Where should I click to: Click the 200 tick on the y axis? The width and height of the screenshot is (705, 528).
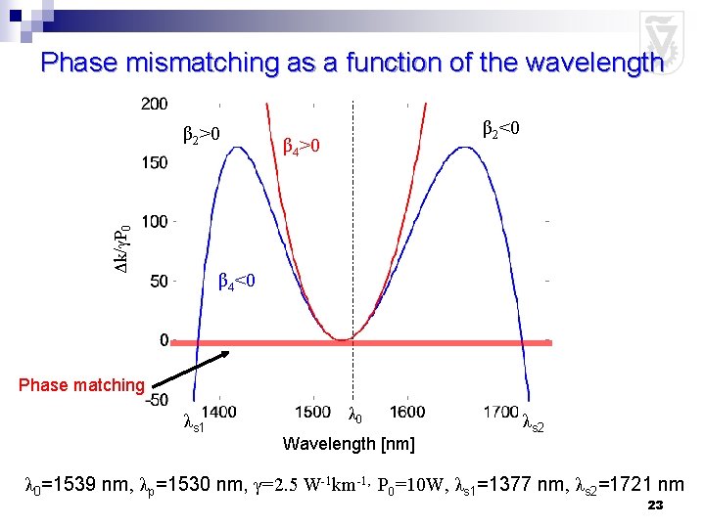[154, 104]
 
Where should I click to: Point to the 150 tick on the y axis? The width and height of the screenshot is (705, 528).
[154, 163]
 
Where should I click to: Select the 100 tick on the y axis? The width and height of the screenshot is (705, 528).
[154, 223]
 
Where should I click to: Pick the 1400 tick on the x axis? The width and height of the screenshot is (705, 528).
[218, 414]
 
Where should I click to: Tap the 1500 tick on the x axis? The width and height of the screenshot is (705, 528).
[312, 414]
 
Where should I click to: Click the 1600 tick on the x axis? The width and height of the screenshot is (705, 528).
[406, 414]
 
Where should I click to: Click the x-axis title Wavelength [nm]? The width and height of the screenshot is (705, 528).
[348, 445]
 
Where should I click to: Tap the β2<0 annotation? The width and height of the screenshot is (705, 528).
[500, 128]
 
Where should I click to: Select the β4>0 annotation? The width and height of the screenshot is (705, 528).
[302, 147]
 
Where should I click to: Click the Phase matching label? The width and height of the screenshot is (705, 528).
[81, 385]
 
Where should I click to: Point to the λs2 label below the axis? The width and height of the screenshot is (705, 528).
[533, 423]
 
